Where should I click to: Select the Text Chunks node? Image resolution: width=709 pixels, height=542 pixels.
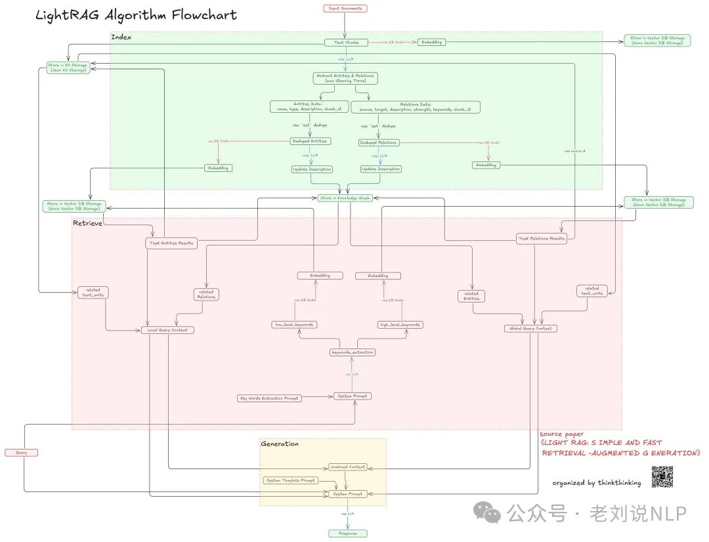(x=346, y=43)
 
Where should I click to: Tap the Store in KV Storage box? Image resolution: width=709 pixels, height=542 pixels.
(x=68, y=68)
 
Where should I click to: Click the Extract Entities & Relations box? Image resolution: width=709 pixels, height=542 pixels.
(x=346, y=78)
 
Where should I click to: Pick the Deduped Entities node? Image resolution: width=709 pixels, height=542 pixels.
(x=311, y=141)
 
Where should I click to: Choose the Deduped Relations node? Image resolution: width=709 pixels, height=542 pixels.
(x=379, y=142)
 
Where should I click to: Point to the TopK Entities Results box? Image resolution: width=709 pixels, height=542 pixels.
(x=171, y=243)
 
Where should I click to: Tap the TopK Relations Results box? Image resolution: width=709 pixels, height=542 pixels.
(x=542, y=238)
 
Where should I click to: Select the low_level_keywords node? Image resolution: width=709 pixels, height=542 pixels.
(x=295, y=325)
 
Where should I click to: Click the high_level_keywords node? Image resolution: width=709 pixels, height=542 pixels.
(x=400, y=325)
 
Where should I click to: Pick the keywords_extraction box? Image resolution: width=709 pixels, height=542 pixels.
(x=353, y=352)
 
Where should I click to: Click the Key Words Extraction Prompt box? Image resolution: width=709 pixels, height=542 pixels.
(x=269, y=398)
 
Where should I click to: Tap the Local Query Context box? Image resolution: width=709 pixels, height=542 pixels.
(x=168, y=330)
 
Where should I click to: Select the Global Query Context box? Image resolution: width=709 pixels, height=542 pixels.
(x=531, y=328)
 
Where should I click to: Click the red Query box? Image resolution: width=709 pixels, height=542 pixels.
(x=21, y=453)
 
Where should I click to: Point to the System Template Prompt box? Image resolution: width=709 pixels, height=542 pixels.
(x=291, y=480)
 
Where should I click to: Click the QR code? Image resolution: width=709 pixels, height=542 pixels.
(x=662, y=477)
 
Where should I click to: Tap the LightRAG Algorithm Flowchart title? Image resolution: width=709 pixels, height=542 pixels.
(x=137, y=15)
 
